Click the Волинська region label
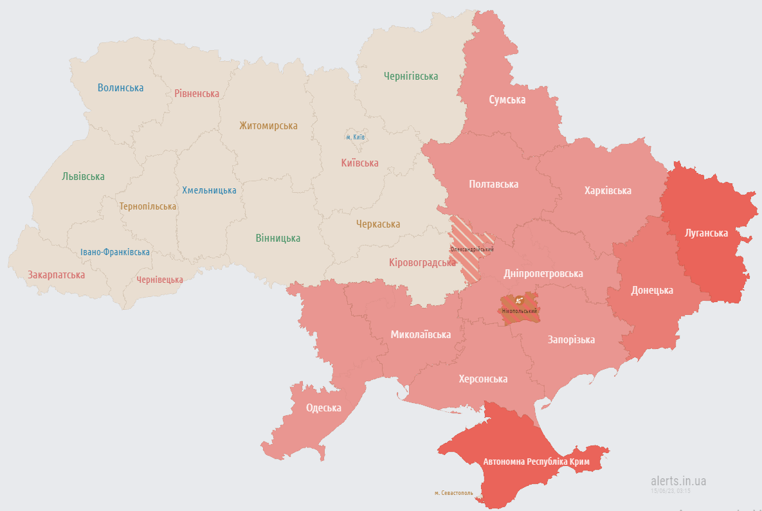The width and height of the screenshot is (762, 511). [x=120, y=87]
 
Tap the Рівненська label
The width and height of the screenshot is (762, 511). [x=197, y=93]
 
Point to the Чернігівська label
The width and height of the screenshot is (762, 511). [x=411, y=76]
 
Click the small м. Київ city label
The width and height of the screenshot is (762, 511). [x=356, y=137]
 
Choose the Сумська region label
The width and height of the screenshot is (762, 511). [x=507, y=100]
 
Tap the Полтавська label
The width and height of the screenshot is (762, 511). [x=493, y=184]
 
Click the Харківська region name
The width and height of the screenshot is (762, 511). [x=608, y=190]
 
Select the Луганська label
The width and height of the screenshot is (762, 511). [x=706, y=233]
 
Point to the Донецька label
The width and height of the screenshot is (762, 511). [x=651, y=290]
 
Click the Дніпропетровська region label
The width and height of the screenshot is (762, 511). [x=543, y=273]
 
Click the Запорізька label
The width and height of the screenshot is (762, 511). [x=570, y=339]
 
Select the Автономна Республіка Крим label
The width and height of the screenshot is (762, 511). [x=536, y=462]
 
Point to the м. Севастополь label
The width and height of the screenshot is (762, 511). [x=453, y=493]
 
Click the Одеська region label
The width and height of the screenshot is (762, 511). [x=323, y=408]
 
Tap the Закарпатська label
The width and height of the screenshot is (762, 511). [x=56, y=274]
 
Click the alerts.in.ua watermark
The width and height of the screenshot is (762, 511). [x=678, y=480]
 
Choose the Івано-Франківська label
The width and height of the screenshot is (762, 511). [x=115, y=252]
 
